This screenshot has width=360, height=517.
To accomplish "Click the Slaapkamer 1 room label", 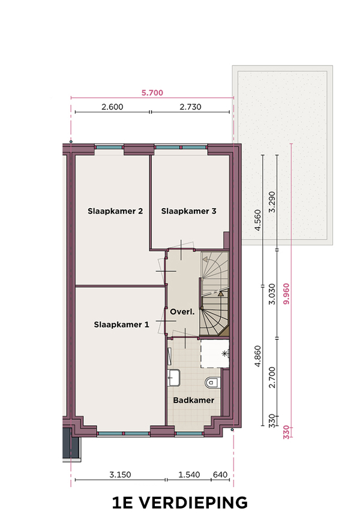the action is [x=121, y=324].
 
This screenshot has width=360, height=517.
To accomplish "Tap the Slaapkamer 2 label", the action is [x=115, y=211].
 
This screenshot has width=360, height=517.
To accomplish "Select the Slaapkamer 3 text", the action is [x=189, y=211].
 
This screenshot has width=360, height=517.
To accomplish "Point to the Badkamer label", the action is [x=194, y=400].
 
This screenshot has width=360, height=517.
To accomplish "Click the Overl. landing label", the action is [x=182, y=312].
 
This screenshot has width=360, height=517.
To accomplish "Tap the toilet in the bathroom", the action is [x=212, y=383].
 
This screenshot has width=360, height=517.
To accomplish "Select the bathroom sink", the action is [x=173, y=377].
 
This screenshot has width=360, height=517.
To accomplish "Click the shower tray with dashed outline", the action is [x=214, y=354].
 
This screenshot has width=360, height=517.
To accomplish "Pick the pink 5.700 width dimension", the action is [x=152, y=92].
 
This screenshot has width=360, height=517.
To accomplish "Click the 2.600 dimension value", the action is [x=112, y=107].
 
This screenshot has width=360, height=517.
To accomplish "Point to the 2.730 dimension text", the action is [x=190, y=107].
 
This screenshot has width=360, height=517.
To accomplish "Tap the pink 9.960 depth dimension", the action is [x=286, y=294].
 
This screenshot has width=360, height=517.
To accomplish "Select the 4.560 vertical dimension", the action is [x=258, y=220].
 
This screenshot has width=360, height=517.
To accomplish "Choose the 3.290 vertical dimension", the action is [x=272, y=202].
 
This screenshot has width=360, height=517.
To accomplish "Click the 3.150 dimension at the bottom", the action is [x=120, y=475].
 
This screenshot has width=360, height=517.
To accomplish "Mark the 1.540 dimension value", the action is [x=189, y=475].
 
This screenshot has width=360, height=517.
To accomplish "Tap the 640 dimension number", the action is [x=220, y=475].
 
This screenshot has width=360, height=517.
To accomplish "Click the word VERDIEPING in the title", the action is [x=193, y=503].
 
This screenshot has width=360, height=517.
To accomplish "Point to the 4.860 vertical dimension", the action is [x=258, y=356].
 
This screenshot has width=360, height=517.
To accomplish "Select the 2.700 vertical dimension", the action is [x=272, y=377].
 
